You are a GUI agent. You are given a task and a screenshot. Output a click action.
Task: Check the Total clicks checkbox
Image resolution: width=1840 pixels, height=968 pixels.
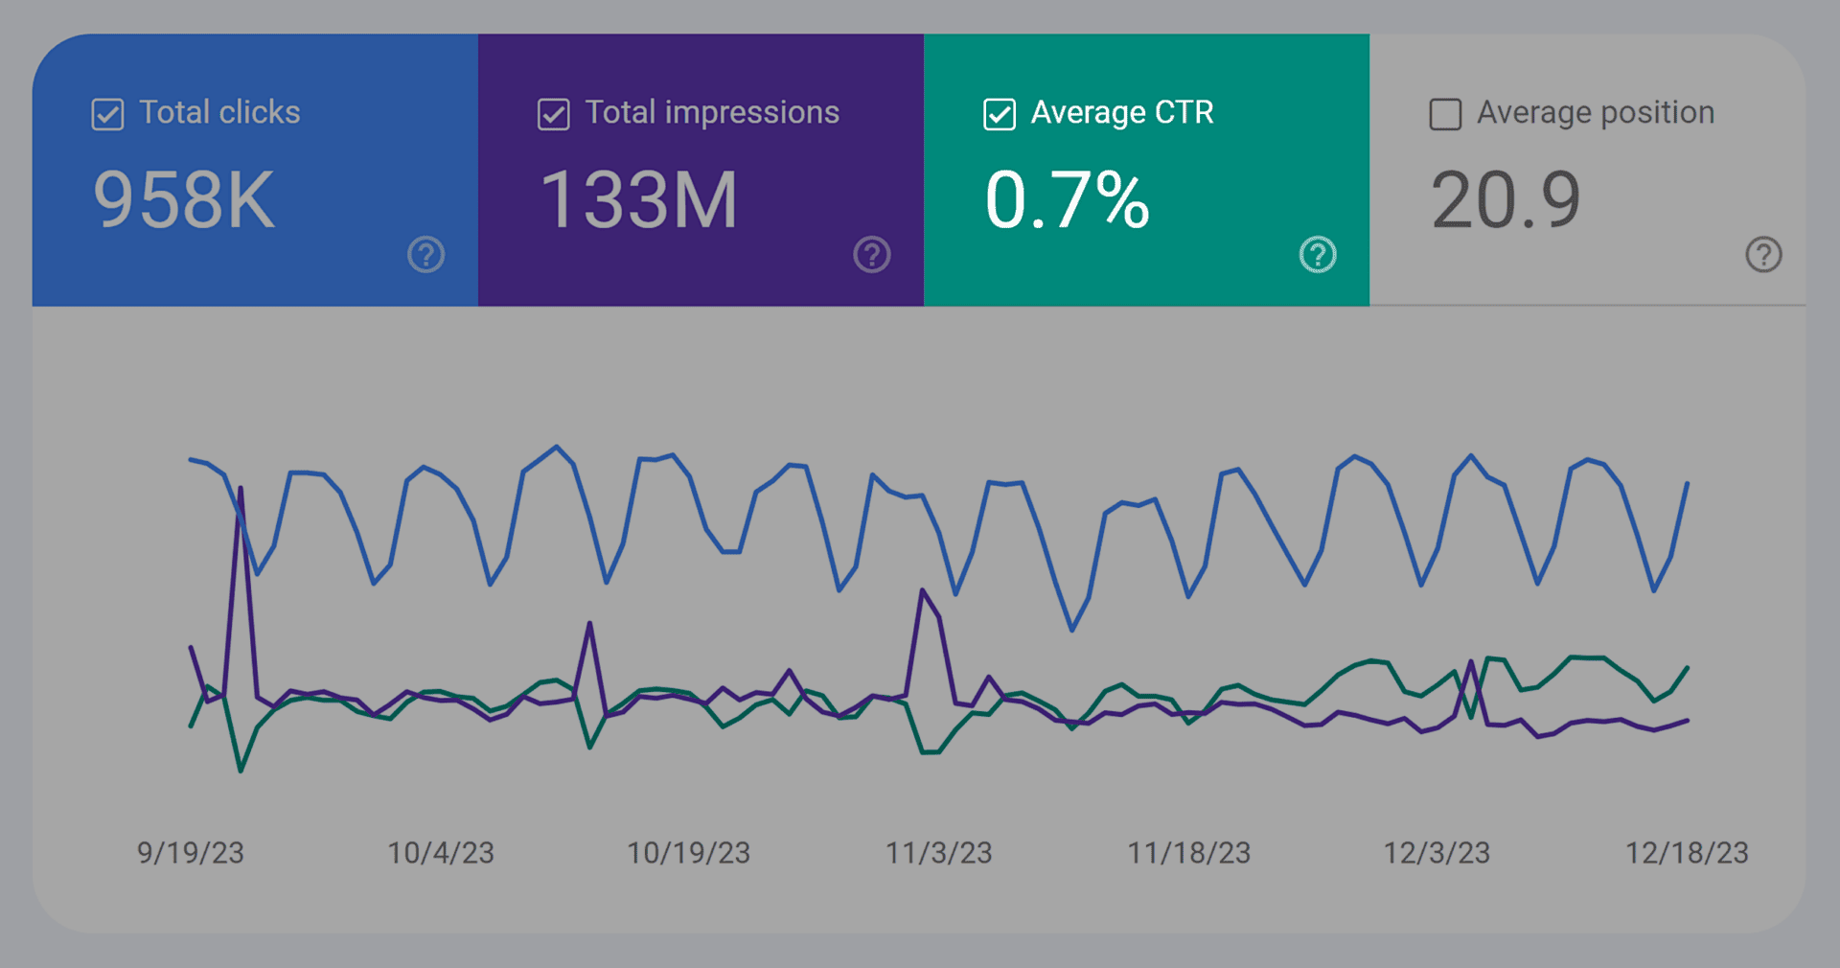(107, 114)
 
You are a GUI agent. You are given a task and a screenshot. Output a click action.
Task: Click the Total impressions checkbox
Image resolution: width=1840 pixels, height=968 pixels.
(553, 114)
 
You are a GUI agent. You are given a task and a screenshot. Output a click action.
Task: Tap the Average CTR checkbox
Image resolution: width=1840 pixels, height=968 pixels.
(999, 114)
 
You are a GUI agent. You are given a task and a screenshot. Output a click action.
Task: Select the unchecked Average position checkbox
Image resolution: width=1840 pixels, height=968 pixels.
(1445, 114)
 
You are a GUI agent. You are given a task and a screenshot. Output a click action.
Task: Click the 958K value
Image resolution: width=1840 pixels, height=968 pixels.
(184, 200)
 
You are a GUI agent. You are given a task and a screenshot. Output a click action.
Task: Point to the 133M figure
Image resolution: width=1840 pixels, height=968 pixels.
(639, 200)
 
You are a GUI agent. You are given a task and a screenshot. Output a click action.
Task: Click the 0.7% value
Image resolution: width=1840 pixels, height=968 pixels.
(1067, 200)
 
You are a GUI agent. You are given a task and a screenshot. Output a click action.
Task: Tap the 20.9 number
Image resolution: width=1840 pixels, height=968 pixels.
(1505, 200)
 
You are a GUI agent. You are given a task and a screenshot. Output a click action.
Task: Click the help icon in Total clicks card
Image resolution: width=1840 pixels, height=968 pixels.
(425, 255)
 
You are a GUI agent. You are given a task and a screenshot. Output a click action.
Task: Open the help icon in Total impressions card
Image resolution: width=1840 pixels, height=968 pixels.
(872, 255)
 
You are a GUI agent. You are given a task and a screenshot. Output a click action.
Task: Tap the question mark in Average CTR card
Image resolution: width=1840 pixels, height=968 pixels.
(1318, 255)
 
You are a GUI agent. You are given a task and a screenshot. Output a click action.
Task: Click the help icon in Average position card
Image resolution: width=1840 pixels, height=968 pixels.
(1763, 255)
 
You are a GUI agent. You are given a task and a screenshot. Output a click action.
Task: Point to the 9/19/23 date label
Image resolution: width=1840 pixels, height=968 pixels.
(190, 852)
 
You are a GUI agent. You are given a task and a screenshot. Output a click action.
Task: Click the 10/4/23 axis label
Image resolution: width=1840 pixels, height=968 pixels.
(440, 852)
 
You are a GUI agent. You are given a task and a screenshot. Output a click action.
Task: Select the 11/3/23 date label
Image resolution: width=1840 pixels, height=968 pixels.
(938, 852)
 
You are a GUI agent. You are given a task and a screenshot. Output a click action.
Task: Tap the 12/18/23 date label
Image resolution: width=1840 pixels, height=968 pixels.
(1687, 852)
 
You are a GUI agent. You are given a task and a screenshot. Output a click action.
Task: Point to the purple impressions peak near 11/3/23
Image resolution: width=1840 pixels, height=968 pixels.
(922, 590)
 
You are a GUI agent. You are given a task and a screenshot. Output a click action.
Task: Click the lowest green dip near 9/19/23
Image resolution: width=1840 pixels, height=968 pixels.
(241, 770)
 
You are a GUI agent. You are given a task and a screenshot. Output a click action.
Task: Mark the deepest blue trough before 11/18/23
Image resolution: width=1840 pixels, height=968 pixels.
(1071, 630)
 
